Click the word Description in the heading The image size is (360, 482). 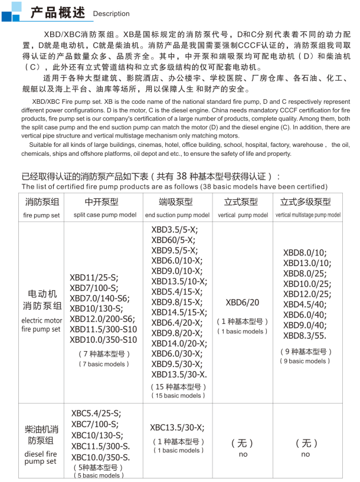click(x=111, y=14)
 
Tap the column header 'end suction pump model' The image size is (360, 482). click(x=177, y=215)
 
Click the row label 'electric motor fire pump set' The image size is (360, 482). click(x=41, y=324)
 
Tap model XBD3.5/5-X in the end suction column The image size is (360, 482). click(x=175, y=230)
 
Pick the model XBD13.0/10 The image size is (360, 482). click(x=306, y=263)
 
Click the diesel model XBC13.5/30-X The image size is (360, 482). click(x=177, y=428)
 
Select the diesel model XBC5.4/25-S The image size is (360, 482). click(x=96, y=414)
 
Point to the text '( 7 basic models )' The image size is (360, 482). click(x=102, y=364)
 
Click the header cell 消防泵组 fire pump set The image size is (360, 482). click(x=41, y=208)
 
